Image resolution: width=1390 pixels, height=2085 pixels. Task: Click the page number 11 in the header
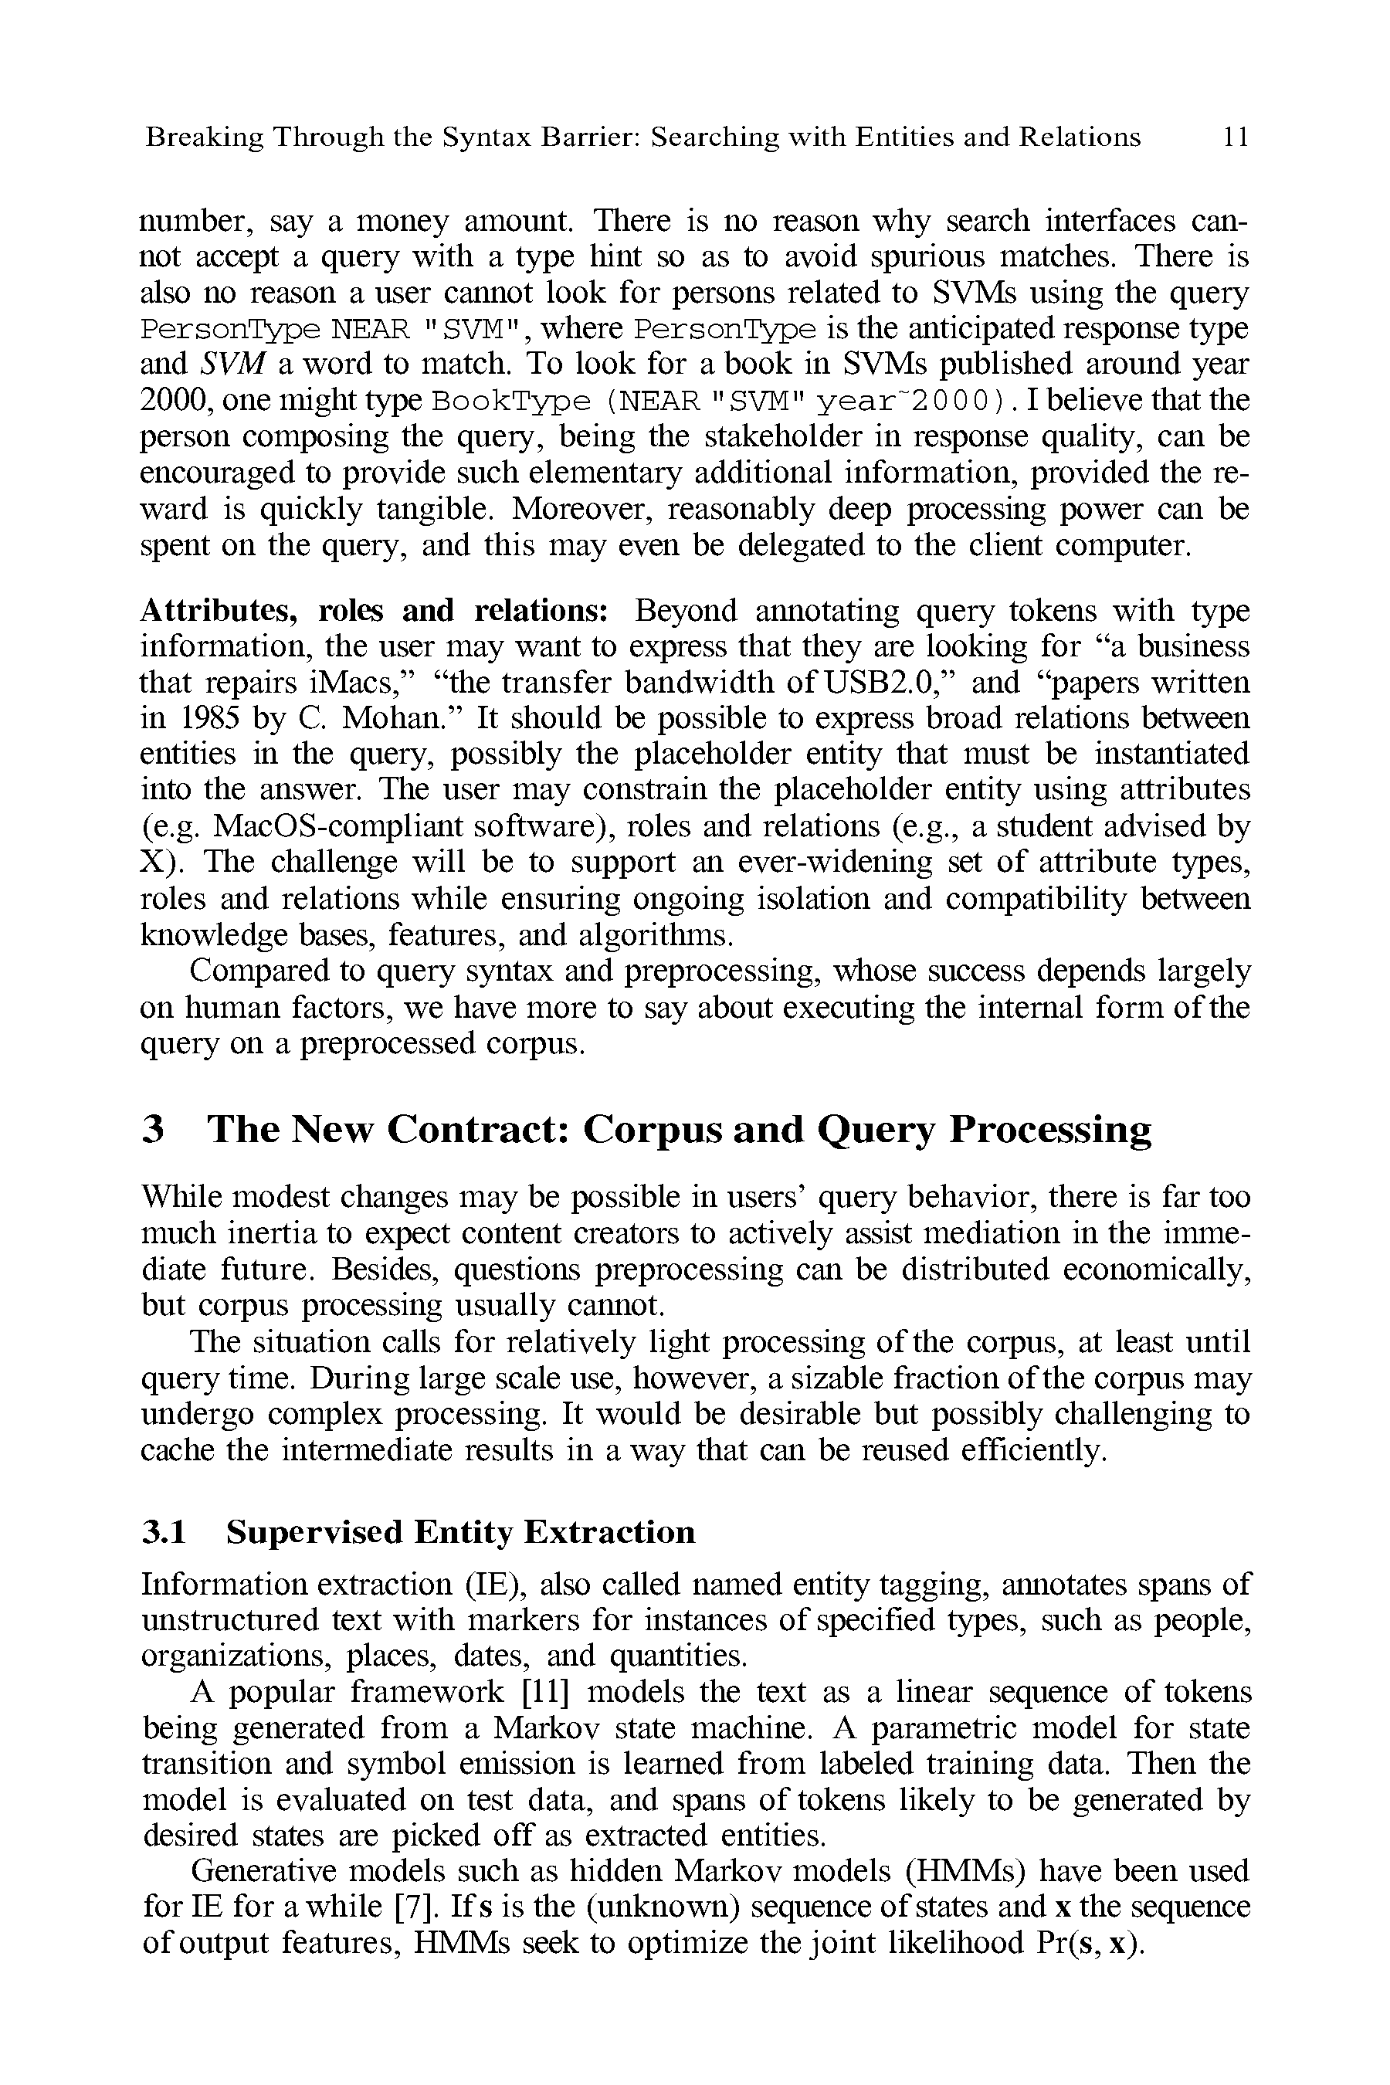tap(1235, 137)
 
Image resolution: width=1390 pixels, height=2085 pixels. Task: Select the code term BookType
tap(510, 402)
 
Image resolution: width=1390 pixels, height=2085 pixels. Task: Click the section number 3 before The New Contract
tap(154, 1129)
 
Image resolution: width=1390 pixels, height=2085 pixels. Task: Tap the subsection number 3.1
tap(164, 1532)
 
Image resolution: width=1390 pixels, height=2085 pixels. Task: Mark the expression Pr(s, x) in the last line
tap(1088, 1942)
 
